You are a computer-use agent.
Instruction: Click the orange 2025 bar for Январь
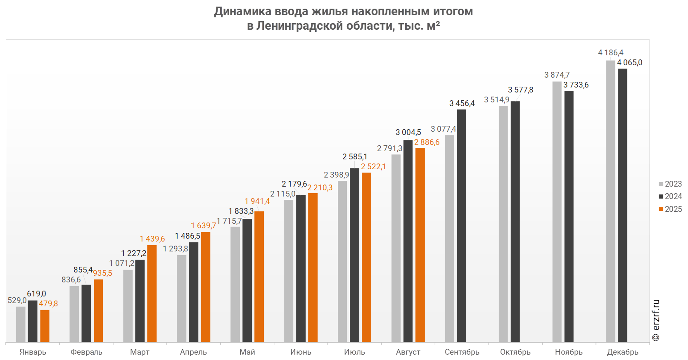pos(45,326)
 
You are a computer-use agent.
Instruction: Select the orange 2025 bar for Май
pos(259,277)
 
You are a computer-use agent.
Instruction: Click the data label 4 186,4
pos(610,53)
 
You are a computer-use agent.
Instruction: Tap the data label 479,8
pos(48,304)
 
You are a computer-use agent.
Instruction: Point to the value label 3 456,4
pos(462,104)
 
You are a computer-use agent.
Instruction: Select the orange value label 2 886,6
pos(427,142)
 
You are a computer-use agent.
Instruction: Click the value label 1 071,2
pos(121,263)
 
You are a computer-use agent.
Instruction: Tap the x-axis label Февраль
pos(86,352)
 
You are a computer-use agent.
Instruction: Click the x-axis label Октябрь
pos(515,352)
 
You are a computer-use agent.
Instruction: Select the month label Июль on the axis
pos(355,352)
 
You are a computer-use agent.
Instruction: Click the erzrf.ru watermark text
pos(656,320)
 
